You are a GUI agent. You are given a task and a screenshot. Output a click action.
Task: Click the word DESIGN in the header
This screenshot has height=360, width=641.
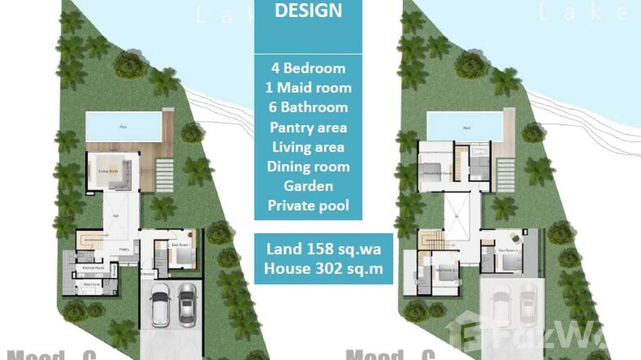click(x=308, y=11)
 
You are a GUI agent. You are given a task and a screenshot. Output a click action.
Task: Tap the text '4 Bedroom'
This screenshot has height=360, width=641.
click(x=308, y=68)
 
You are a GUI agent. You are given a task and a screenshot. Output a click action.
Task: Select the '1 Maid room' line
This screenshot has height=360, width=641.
click(x=308, y=87)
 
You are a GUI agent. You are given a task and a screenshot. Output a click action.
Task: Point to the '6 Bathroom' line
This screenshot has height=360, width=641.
click(x=308, y=107)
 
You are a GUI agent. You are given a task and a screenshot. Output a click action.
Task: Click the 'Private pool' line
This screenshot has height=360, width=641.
click(x=308, y=205)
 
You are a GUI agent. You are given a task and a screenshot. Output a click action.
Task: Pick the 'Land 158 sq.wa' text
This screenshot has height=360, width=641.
click(x=323, y=248)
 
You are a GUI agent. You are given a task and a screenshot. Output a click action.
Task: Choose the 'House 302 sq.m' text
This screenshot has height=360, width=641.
click(x=323, y=268)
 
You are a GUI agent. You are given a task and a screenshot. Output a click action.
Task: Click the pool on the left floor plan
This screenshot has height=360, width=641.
click(x=124, y=127)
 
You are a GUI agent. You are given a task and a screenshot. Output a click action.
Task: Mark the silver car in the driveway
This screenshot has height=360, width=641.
click(x=187, y=305)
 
